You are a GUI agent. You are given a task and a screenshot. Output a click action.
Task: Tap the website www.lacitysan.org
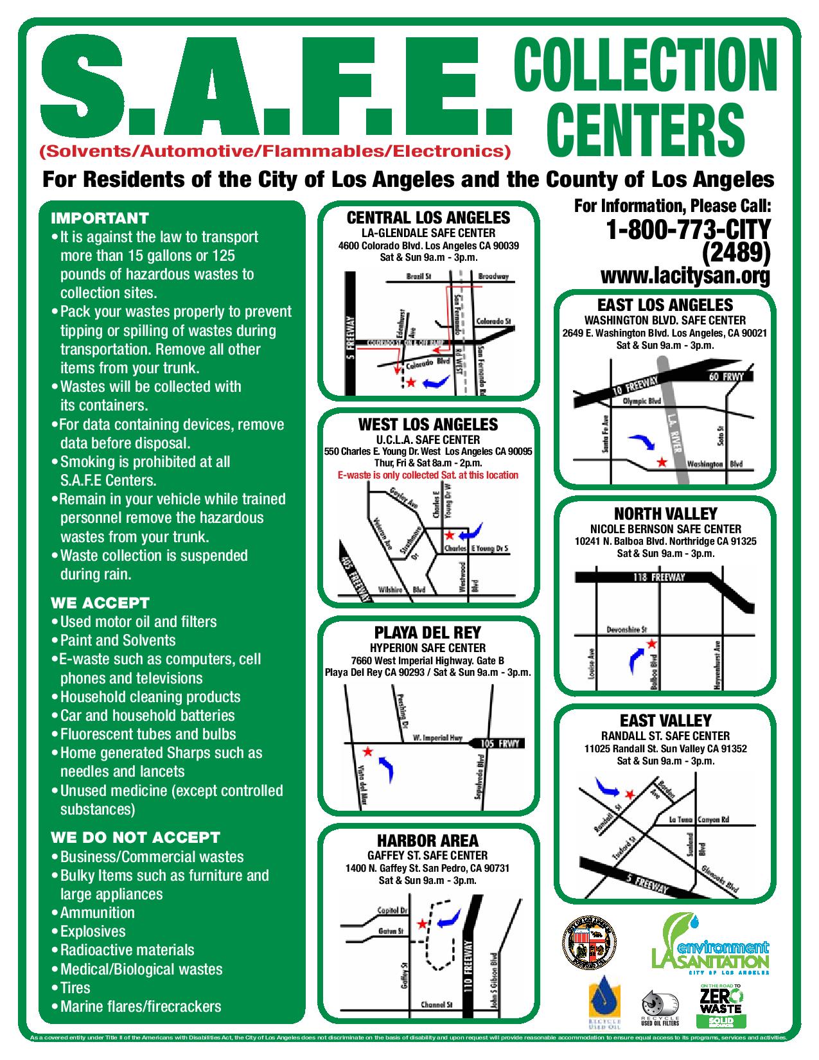coord(685,276)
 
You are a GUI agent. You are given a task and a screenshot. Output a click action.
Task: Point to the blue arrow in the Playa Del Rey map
coord(386,768)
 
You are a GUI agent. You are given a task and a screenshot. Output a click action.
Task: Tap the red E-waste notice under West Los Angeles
coord(428,475)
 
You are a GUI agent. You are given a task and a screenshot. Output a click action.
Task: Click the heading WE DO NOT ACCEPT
coord(136,837)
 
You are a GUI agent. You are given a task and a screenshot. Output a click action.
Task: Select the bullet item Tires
coord(75,987)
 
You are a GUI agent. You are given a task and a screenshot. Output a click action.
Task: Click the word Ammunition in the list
coord(97,912)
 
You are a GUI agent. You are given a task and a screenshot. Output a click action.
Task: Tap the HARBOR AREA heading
coord(427,840)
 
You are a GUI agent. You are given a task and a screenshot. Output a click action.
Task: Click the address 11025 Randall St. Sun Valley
coord(665,748)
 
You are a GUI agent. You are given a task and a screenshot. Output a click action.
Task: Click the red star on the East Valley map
coord(630,795)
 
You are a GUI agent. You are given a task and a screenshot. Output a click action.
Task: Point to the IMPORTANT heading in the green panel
coord(100,218)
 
